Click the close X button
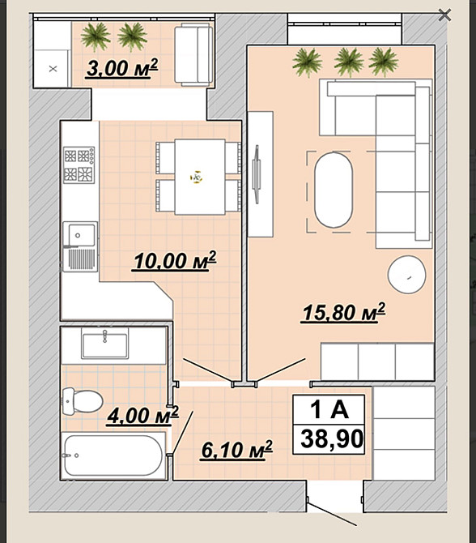tap(444, 15)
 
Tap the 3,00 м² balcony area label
tap(121, 68)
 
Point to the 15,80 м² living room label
tap(343, 312)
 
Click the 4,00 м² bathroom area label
tap(142, 415)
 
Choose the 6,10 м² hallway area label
tap(236, 450)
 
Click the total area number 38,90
tap(332, 438)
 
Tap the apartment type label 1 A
tap(329, 409)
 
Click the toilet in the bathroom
tap(83, 401)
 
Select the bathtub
tap(113, 455)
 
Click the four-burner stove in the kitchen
tap(79, 165)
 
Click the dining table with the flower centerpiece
tap(200, 177)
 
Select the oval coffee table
tap(334, 190)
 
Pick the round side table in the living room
tap(407, 274)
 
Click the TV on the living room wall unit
tap(257, 174)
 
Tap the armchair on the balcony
tap(193, 55)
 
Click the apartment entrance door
tap(332, 514)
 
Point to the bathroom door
tap(182, 432)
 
